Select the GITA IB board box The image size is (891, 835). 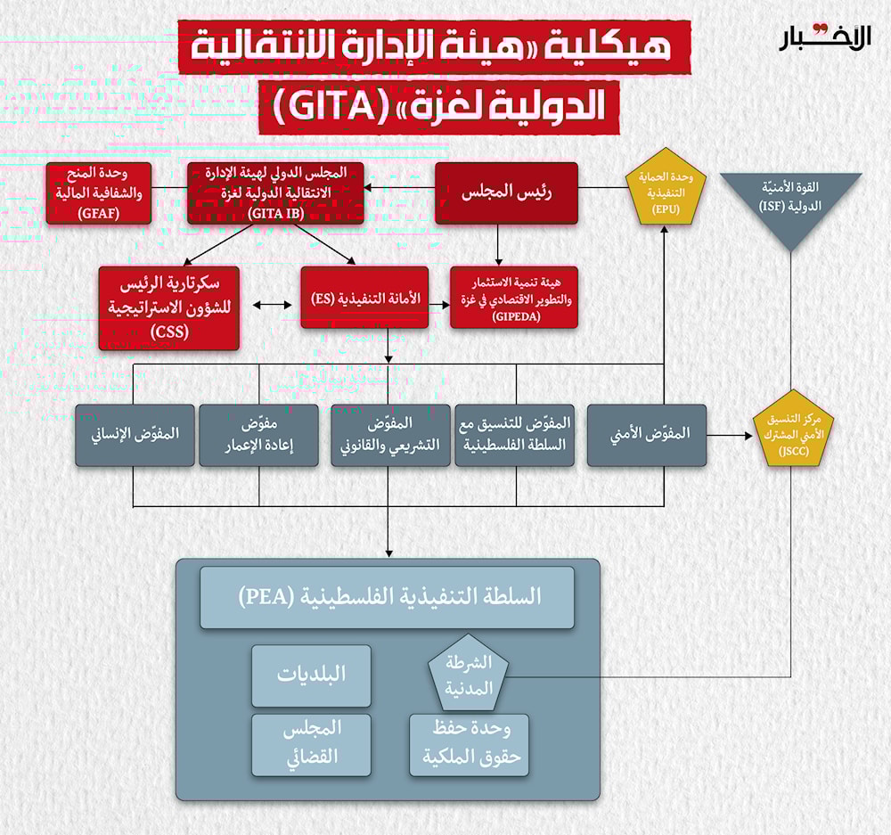(276, 192)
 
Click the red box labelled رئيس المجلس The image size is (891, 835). (505, 192)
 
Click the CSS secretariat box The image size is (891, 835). (169, 307)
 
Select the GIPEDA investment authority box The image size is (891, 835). (513, 298)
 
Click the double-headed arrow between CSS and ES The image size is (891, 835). (272, 306)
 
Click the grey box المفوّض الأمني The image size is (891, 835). (646, 435)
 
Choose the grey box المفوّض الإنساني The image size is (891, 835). (135, 435)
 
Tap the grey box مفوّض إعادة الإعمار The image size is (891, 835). (258, 435)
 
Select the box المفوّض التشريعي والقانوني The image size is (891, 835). (388, 435)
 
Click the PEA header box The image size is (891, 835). (387, 597)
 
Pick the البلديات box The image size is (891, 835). (311, 675)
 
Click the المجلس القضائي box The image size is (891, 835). (311, 744)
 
